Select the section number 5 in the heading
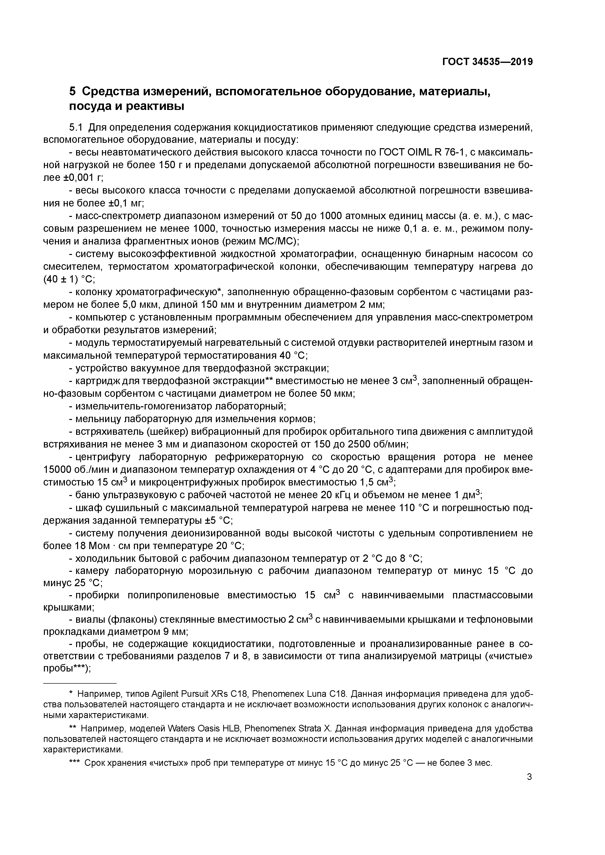point(73,91)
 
